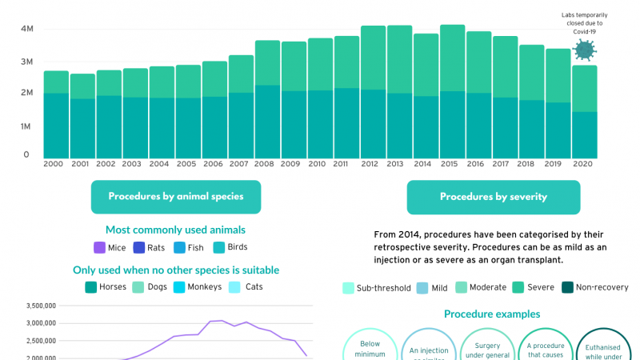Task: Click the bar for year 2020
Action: pos(585,112)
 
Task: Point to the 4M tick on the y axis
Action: pos(26,29)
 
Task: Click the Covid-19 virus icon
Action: pos(585,51)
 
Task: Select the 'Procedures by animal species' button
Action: pos(175,197)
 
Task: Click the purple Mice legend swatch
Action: pos(100,248)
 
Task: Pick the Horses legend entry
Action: pos(106,287)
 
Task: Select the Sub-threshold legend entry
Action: pos(376,288)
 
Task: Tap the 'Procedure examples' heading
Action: pos(492,314)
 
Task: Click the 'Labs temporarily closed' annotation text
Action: pos(585,19)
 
